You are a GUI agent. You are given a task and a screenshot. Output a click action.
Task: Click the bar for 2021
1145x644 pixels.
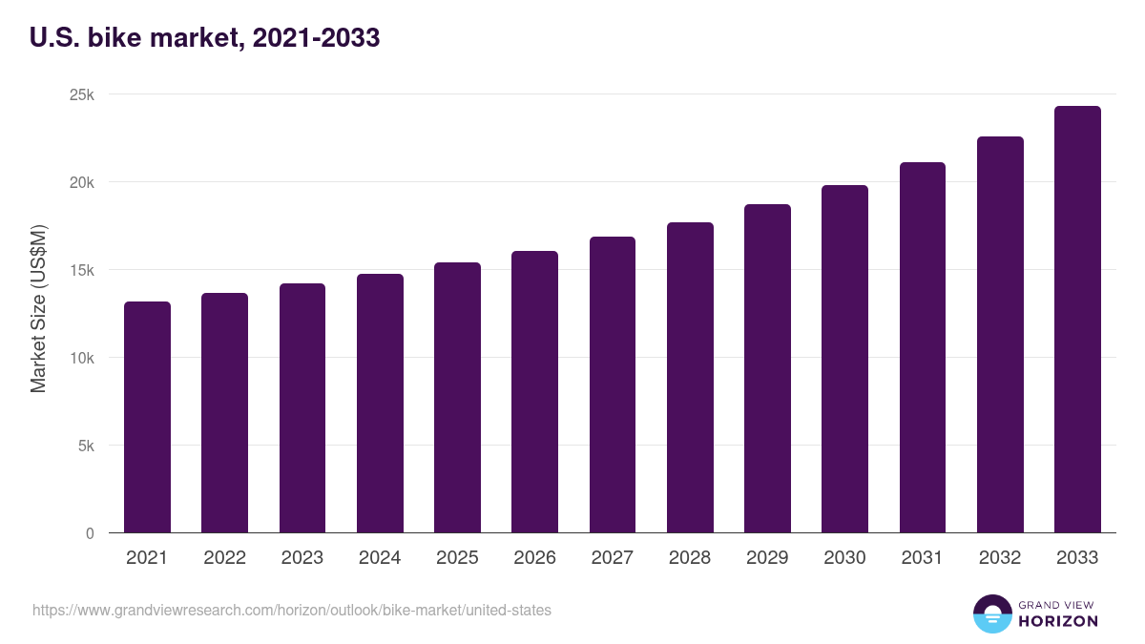point(147,417)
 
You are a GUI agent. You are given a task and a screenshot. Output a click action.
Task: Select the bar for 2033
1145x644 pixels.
point(1077,320)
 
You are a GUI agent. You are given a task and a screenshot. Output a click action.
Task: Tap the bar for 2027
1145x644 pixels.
point(613,384)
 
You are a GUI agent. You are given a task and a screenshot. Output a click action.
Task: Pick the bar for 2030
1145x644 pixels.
point(844,359)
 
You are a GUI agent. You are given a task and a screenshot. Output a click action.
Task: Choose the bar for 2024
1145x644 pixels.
point(380,404)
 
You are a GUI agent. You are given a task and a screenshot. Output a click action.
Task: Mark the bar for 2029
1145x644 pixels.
point(767,368)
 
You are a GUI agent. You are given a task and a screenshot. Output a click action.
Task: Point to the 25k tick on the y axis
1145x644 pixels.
point(81,94)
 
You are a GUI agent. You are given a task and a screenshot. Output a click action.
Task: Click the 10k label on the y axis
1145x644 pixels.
point(81,358)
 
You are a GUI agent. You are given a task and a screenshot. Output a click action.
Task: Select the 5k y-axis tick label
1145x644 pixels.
point(85,446)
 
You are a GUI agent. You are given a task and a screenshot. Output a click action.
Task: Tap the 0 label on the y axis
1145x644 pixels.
point(90,533)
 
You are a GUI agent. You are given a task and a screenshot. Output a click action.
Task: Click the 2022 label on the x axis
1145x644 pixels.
point(224,558)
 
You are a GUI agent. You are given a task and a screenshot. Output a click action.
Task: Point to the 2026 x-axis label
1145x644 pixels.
point(534,558)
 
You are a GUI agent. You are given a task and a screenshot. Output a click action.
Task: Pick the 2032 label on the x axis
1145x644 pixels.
point(1000,558)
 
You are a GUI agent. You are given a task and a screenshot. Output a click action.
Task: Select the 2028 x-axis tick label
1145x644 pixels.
point(690,558)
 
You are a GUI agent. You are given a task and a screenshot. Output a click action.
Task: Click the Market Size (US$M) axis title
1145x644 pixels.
point(38,308)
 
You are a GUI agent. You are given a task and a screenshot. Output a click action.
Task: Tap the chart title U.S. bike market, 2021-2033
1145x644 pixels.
point(205,38)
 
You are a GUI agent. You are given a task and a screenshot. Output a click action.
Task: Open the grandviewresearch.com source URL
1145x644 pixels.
point(292,610)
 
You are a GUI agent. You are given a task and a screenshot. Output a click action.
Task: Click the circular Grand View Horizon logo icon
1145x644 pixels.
point(992,613)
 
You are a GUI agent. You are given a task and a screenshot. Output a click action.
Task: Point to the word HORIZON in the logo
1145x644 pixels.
point(1058,621)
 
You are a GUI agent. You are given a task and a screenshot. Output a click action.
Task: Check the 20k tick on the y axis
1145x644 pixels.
point(81,182)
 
